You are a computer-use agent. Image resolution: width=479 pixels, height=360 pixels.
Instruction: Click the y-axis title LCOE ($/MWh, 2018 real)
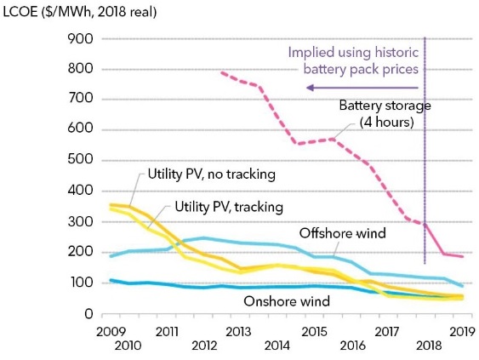[80, 12]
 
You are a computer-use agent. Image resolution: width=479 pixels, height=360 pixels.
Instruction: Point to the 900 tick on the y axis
[81, 39]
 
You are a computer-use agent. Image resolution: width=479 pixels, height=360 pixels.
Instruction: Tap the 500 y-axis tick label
[81, 159]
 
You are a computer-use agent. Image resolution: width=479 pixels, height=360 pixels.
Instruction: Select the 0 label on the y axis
[88, 313]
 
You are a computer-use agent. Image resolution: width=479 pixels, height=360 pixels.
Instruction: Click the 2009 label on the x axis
[111, 332]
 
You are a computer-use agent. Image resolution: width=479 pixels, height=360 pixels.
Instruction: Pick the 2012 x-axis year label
[204, 346]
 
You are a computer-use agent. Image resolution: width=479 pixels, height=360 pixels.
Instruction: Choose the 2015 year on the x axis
[314, 332]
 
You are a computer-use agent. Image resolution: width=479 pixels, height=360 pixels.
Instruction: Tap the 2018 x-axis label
[429, 346]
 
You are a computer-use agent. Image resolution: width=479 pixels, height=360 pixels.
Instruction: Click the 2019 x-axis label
[463, 332]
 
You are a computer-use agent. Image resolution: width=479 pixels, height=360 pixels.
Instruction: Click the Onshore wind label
[287, 301]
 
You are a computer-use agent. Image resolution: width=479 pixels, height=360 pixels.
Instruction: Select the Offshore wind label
[343, 233]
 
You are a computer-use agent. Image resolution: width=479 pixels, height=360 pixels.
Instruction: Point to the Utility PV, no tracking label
[212, 174]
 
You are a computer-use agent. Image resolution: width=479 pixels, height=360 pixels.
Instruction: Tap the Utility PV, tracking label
[229, 207]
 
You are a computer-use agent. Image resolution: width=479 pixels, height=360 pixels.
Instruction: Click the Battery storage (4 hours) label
[385, 114]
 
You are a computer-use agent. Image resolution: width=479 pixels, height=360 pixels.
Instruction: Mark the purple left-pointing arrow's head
[310, 88]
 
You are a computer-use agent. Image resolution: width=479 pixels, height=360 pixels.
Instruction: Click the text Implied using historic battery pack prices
[353, 60]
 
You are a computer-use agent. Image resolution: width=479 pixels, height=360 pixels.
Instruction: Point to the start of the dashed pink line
[221, 72]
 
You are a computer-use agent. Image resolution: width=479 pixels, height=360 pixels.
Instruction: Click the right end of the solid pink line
[463, 256]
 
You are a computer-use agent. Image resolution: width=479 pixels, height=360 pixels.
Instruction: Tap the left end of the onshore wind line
[111, 280]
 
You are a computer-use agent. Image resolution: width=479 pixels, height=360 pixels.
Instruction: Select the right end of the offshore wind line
[463, 286]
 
